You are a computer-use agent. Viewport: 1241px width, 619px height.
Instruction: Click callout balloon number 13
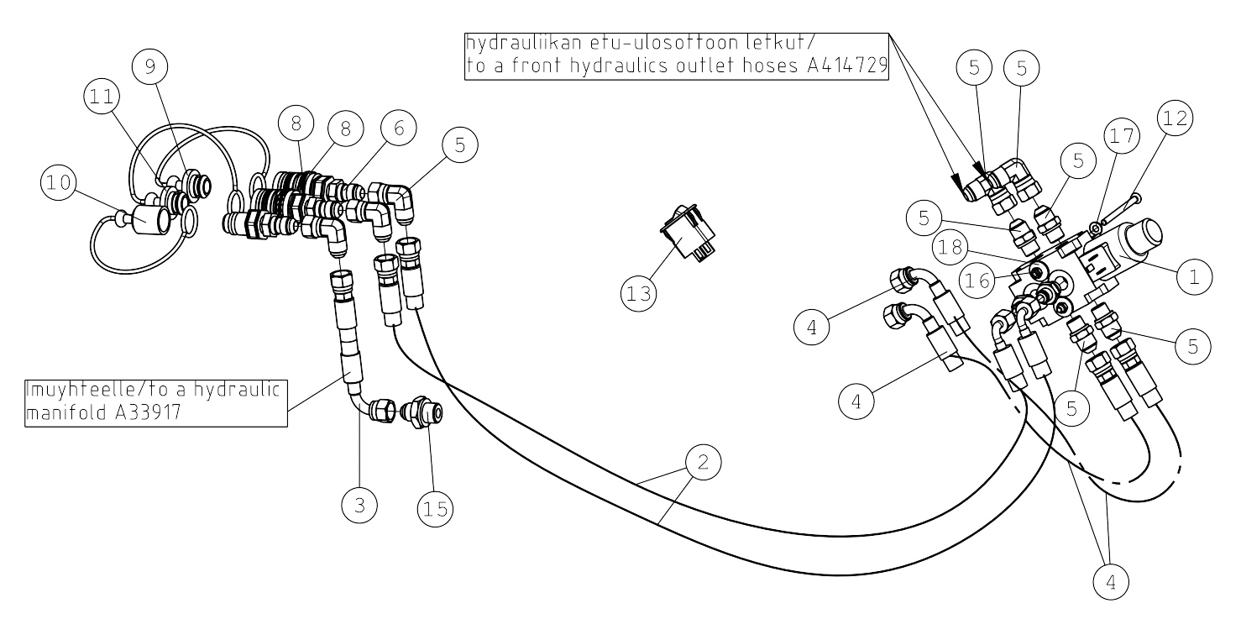639,293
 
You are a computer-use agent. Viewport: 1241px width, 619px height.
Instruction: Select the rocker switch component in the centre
688,233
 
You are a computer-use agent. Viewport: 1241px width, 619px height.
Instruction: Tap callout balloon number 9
150,66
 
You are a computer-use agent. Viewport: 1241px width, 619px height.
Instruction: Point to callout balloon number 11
102,97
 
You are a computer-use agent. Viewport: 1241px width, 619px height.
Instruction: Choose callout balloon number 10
60,182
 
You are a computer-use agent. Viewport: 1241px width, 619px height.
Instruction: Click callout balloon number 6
399,128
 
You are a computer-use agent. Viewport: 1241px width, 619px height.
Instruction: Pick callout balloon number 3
359,506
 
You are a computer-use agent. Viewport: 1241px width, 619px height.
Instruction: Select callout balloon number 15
435,509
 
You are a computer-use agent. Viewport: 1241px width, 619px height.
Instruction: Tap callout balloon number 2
703,462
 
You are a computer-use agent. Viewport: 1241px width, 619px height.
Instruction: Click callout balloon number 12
1175,118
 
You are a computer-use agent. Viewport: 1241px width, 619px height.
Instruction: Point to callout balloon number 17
1122,135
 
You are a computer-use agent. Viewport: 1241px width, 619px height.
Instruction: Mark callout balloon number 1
1194,276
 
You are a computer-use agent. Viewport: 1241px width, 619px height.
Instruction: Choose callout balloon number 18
950,247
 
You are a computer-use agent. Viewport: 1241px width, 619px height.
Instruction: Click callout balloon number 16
977,281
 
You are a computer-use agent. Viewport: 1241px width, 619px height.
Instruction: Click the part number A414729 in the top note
848,66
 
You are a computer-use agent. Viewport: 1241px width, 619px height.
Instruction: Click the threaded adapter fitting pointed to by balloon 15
422,412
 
